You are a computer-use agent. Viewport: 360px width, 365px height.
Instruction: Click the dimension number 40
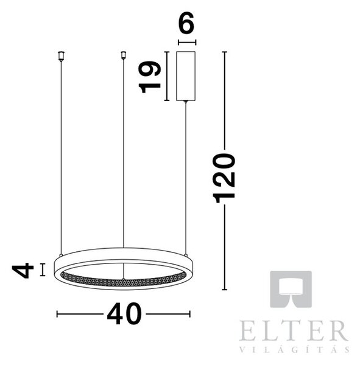click(x=124, y=314)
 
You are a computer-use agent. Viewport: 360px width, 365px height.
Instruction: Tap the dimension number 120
click(x=224, y=178)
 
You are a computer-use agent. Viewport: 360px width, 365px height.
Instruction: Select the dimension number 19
click(x=150, y=77)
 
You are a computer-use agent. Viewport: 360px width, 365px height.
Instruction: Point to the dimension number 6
click(x=186, y=23)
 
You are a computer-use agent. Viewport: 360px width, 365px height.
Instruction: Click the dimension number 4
click(x=23, y=270)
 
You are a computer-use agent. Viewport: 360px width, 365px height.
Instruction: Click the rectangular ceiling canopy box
click(x=186, y=76)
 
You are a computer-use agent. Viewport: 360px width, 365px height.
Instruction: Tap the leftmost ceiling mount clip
click(x=61, y=56)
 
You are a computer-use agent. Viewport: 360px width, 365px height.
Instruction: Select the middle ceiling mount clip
click(x=123, y=55)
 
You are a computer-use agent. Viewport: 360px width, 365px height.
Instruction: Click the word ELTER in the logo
click(x=294, y=330)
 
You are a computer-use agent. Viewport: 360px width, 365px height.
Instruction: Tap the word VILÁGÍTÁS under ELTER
click(x=294, y=350)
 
